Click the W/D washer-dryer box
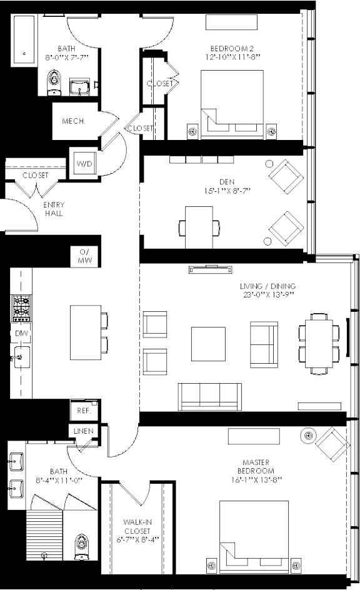point(84,163)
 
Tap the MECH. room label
point(74,121)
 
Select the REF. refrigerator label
point(84,411)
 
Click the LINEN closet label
point(84,431)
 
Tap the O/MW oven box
point(84,256)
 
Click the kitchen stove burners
point(21,308)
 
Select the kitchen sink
point(21,357)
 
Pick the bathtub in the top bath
point(24,39)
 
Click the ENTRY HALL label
point(54,209)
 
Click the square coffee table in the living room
point(208,344)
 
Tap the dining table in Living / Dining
point(319,344)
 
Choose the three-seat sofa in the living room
point(210,397)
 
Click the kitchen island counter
point(86,332)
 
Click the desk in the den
point(199,227)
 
